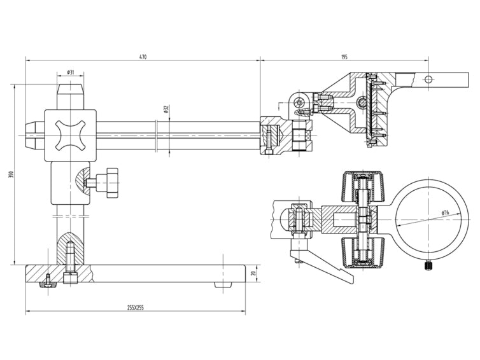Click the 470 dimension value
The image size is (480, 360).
point(143,57)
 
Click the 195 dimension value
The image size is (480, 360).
point(344,57)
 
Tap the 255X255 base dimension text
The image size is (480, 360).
point(135,308)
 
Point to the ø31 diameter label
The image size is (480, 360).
point(70,73)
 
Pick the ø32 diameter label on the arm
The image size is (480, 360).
point(166,109)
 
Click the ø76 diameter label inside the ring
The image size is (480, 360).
point(444,212)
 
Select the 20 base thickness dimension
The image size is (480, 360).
point(253,274)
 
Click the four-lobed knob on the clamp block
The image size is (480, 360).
point(70,134)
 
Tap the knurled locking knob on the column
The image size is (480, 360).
point(112,182)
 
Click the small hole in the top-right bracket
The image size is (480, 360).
point(428,79)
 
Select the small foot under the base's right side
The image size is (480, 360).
point(222,286)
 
